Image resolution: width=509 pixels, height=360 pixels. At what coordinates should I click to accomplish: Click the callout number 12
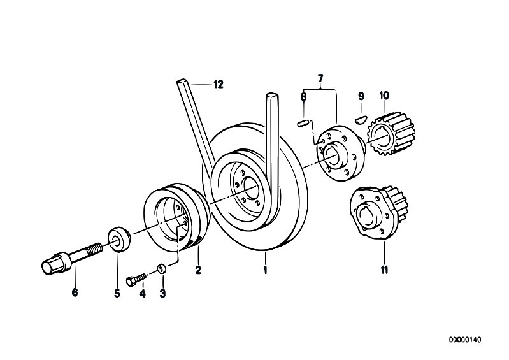(x=219, y=85)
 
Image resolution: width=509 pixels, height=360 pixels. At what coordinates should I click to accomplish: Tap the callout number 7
(x=320, y=78)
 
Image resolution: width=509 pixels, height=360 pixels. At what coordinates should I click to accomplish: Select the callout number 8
(x=303, y=96)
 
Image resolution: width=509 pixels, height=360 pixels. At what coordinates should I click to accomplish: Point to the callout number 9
(x=361, y=96)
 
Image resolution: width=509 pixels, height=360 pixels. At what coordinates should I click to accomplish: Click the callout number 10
(x=384, y=96)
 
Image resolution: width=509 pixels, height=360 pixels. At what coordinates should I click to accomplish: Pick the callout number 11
(x=384, y=270)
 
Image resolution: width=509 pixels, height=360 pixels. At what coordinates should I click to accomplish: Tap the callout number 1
(x=265, y=270)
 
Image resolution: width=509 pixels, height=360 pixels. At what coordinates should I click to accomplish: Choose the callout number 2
(x=198, y=270)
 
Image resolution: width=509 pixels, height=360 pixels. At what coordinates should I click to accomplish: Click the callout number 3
(x=162, y=294)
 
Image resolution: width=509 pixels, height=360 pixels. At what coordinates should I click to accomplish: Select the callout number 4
(x=142, y=294)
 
